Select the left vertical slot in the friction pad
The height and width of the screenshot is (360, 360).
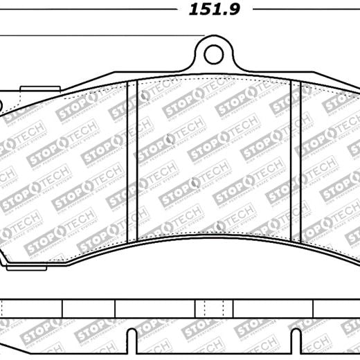(136, 159)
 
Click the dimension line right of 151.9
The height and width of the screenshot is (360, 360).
(305, 10)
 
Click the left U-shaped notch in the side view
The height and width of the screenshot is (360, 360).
(129, 339)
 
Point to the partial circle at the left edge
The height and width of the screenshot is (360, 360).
(1, 106)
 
